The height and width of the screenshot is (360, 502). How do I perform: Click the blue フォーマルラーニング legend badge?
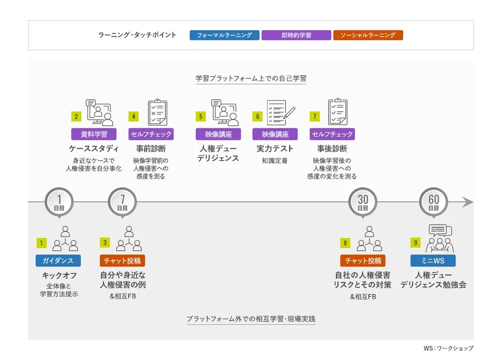(x=224, y=35)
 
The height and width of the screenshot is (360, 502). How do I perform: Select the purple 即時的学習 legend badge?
(x=296, y=35)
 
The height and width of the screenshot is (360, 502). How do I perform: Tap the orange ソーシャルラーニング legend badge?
(x=368, y=35)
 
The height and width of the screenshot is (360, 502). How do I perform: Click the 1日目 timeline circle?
(x=59, y=202)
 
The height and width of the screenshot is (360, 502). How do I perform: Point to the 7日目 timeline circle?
(x=122, y=202)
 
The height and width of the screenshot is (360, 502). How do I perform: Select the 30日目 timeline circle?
(x=363, y=202)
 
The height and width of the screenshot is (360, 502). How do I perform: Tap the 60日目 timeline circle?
(x=434, y=202)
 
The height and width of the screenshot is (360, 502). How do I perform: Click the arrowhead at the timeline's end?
(x=468, y=202)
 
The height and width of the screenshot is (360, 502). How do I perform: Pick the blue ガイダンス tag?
(x=58, y=261)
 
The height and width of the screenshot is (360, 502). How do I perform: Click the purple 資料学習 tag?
(x=94, y=134)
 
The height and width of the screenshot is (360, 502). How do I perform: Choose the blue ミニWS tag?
(x=433, y=261)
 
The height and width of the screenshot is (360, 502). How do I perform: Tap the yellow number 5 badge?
(x=201, y=116)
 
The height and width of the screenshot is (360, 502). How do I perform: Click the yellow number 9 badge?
(x=416, y=243)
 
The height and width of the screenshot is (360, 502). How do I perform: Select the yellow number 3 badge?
(x=105, y=243)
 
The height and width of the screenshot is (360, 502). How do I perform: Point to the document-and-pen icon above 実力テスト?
(x=281, y=112)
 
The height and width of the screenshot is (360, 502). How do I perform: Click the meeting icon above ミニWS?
(x=440, y=238)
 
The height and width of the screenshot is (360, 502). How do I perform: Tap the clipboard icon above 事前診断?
(x=158, y=112)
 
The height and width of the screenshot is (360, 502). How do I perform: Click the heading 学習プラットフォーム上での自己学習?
(x=251, y=78)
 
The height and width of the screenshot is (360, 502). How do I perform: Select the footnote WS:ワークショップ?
(x=448, y=348)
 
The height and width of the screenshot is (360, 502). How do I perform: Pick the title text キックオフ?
(x=59, y=276)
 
